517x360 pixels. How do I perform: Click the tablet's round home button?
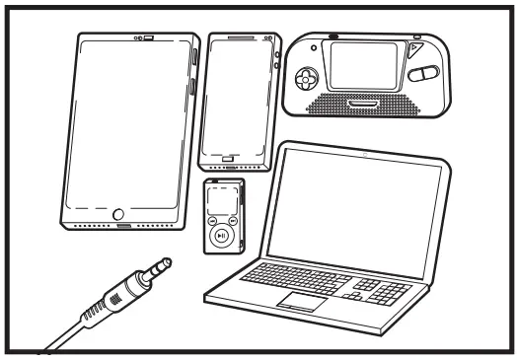pos(120,213)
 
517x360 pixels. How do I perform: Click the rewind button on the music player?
pos(213,221)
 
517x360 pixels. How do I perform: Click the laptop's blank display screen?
pos(358,208)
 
